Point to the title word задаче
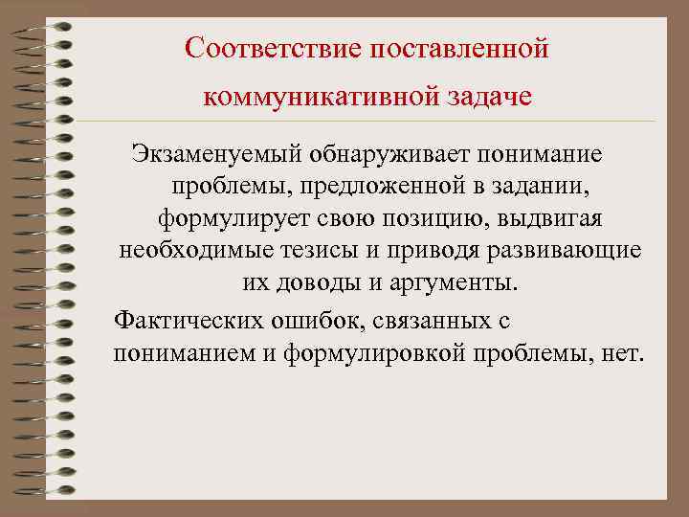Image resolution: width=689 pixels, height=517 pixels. (x=487, y=97)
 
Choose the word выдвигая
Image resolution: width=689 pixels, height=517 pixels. (x=555, y=218)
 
